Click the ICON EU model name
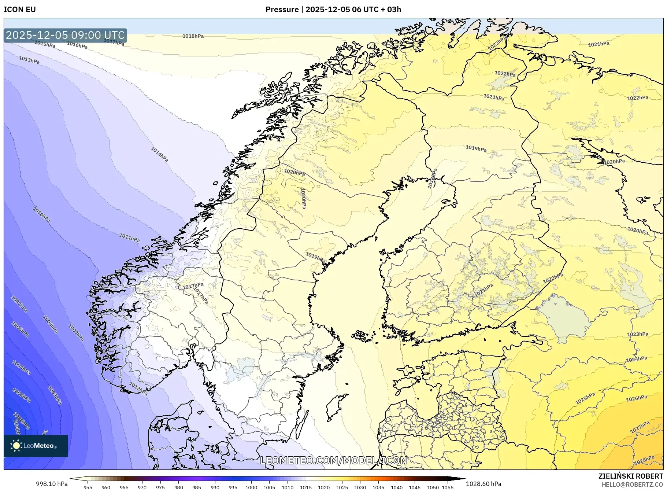point(20,10)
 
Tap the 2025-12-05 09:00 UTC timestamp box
point(65,35)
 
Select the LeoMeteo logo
point(36,446)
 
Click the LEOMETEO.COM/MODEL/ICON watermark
point(333,460)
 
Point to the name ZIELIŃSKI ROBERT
point(630,476)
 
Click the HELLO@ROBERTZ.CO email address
point(632,485)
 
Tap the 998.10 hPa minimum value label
point(52,484)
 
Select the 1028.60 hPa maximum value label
point(483,484)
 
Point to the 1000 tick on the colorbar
point(251,487)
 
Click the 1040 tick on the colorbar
point(396,487)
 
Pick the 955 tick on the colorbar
point(88,487)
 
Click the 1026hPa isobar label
point(636,398)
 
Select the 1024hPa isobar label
point(636,359)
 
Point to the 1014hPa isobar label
point(159,154)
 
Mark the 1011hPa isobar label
point(129,237)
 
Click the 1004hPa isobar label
point(21,367)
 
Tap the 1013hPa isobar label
point(29,60)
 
